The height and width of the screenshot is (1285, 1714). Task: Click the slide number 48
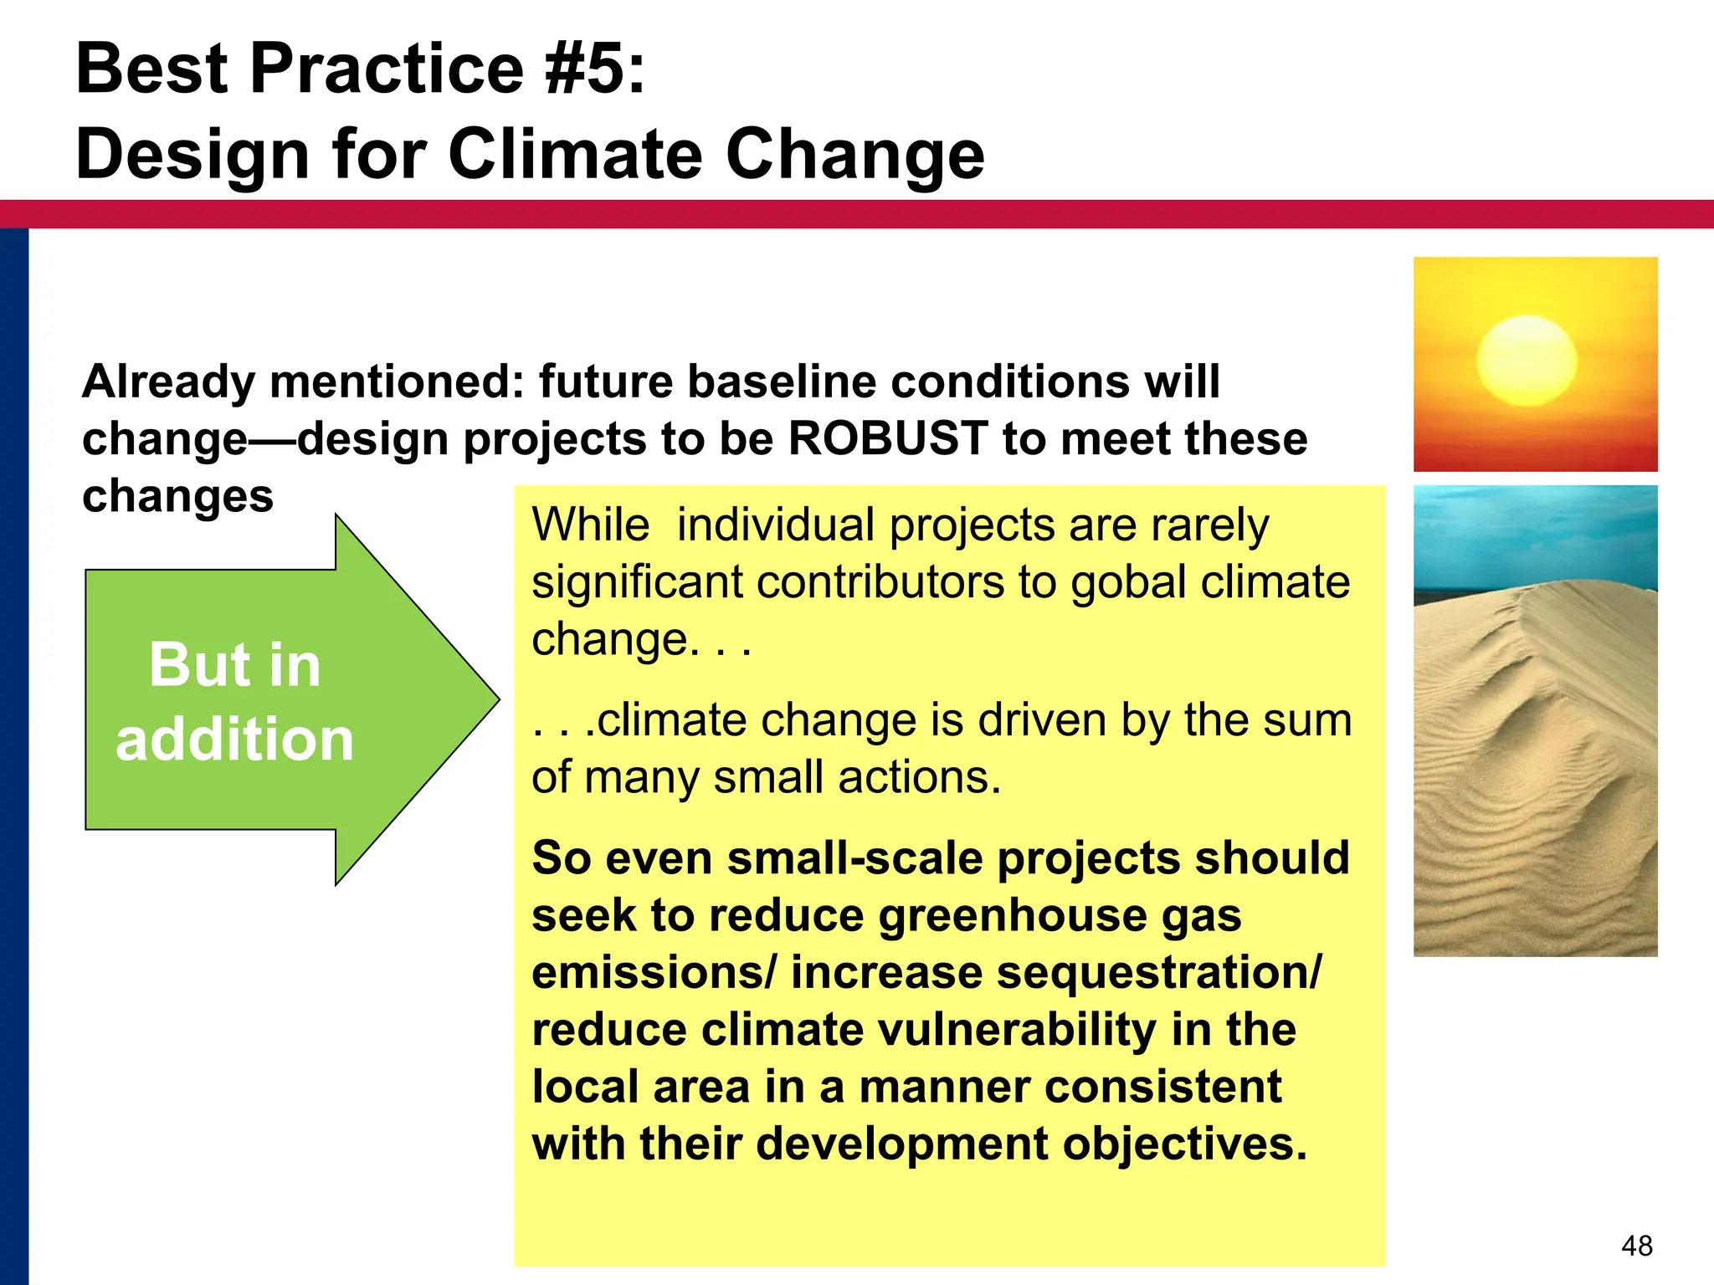coord(1636,1246)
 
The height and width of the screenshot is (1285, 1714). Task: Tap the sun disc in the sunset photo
coord(1527,361)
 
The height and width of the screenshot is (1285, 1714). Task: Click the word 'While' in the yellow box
coord(590,525)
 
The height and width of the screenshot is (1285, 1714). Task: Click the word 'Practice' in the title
coord(387,69)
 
